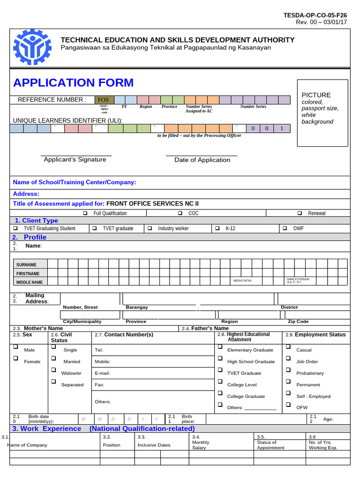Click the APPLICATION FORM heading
point(73,83)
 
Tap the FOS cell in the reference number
point(103,99)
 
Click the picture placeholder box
point(322,113)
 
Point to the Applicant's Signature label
point(75,159)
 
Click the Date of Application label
point(202,160)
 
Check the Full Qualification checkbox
point(85,213)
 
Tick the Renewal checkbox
point(300,213)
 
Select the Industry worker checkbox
point(150,228)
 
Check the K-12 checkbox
point(217,228)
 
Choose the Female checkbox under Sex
point(15,359)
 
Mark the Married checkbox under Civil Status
point(53,359)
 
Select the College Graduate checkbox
point(219,393)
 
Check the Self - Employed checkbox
point(288,393)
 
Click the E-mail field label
point(102,373)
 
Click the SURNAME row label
point(26,265)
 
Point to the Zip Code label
point(298,322)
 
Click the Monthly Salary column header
point(201,444)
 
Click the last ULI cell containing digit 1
point(281,128)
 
